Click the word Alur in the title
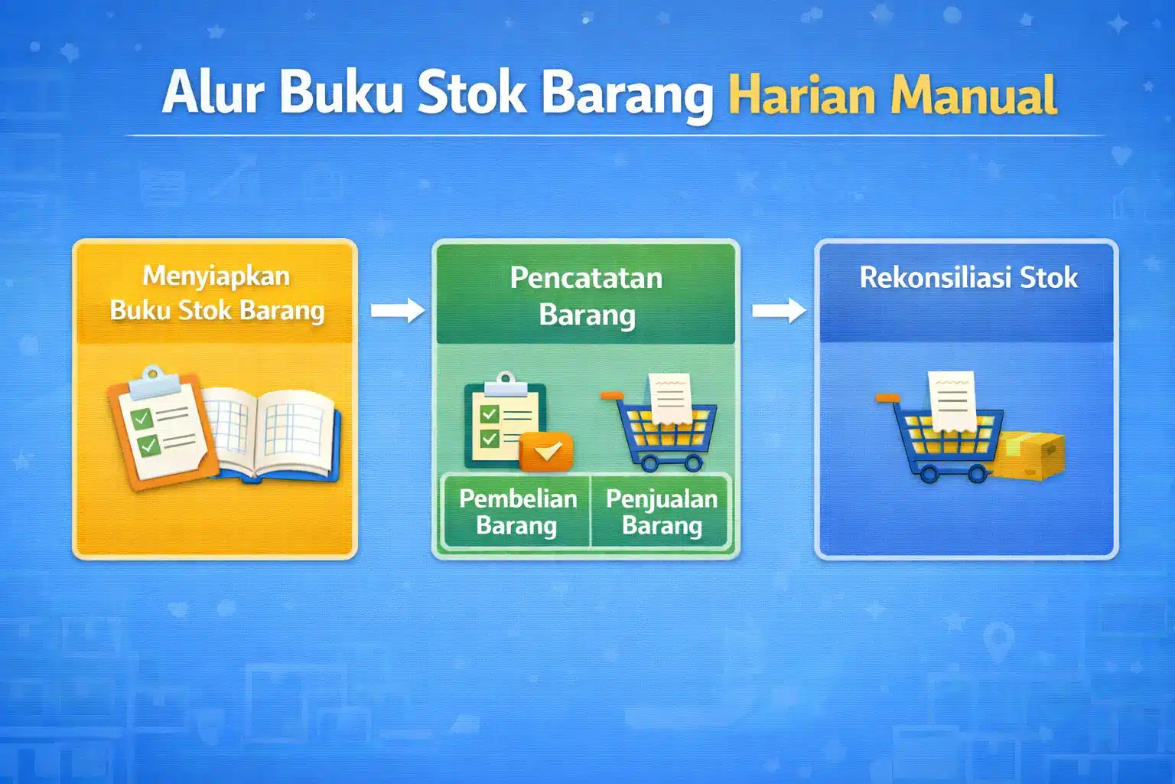coord(213,93)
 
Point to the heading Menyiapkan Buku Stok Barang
coord(216,293)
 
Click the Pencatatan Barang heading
coord(586,296)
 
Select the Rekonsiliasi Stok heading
coord(968,277)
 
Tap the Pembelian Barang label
coord(517,511)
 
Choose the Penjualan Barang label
coord(662,511)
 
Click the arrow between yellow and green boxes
coord(397,310)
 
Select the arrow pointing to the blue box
coord(778,310)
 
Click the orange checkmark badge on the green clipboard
coord(546,452)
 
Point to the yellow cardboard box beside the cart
coord(1030,456)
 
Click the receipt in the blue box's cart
coord(952,400)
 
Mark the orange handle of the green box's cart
coord(611,396)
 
